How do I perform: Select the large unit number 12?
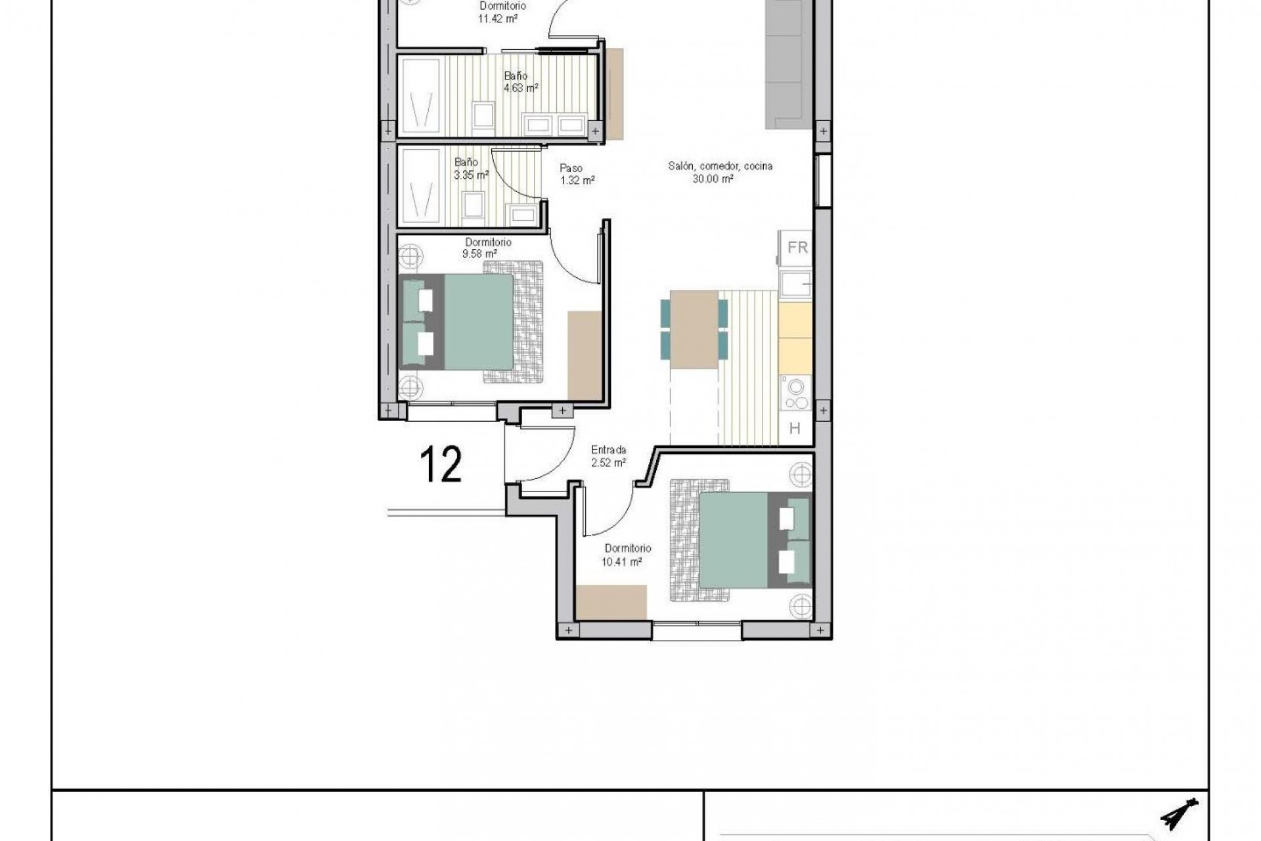tap(441, 465)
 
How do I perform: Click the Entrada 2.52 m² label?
tap(608, 457)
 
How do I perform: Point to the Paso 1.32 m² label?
tap(577, 174)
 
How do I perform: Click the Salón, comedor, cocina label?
tap(720, 172)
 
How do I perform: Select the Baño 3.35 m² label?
tap(471, 168)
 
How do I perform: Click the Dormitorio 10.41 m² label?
tap(627, 555)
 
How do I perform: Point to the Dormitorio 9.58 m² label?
tap(487, 247)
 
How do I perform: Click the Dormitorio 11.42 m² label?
tap(502, 12)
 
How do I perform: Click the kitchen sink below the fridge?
tap(796, 284)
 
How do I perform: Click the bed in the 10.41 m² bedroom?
tap(749, 539)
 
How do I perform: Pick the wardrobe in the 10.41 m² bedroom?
tap(611, 601)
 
